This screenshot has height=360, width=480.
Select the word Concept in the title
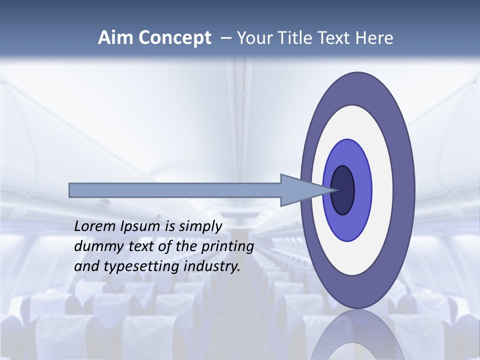click(175, 38)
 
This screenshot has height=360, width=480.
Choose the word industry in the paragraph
click(212, 266)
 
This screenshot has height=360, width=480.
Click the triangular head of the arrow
click(300, 190)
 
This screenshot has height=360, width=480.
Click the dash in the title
click(225, 38)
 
